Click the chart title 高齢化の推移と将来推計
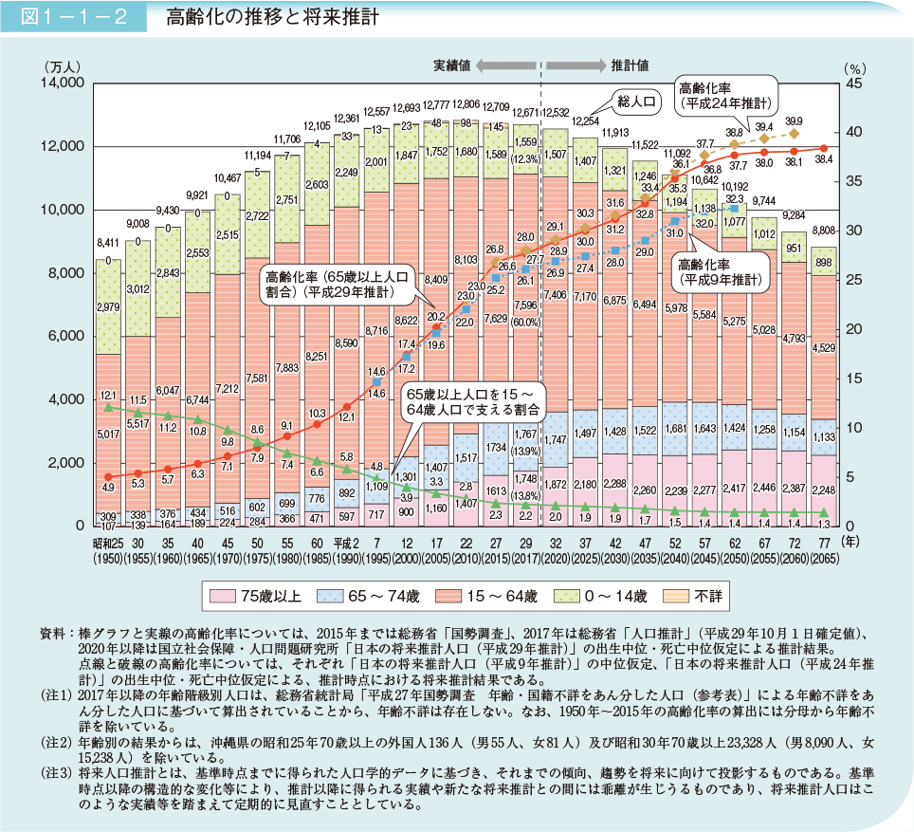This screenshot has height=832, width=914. (x=267, y=17)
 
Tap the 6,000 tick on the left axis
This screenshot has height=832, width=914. (x=68, y=337)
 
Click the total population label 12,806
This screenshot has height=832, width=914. (x=466, y=103)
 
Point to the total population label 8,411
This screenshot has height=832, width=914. (x=109, y=243)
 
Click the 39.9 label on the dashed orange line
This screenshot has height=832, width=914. (x=794, y=120)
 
